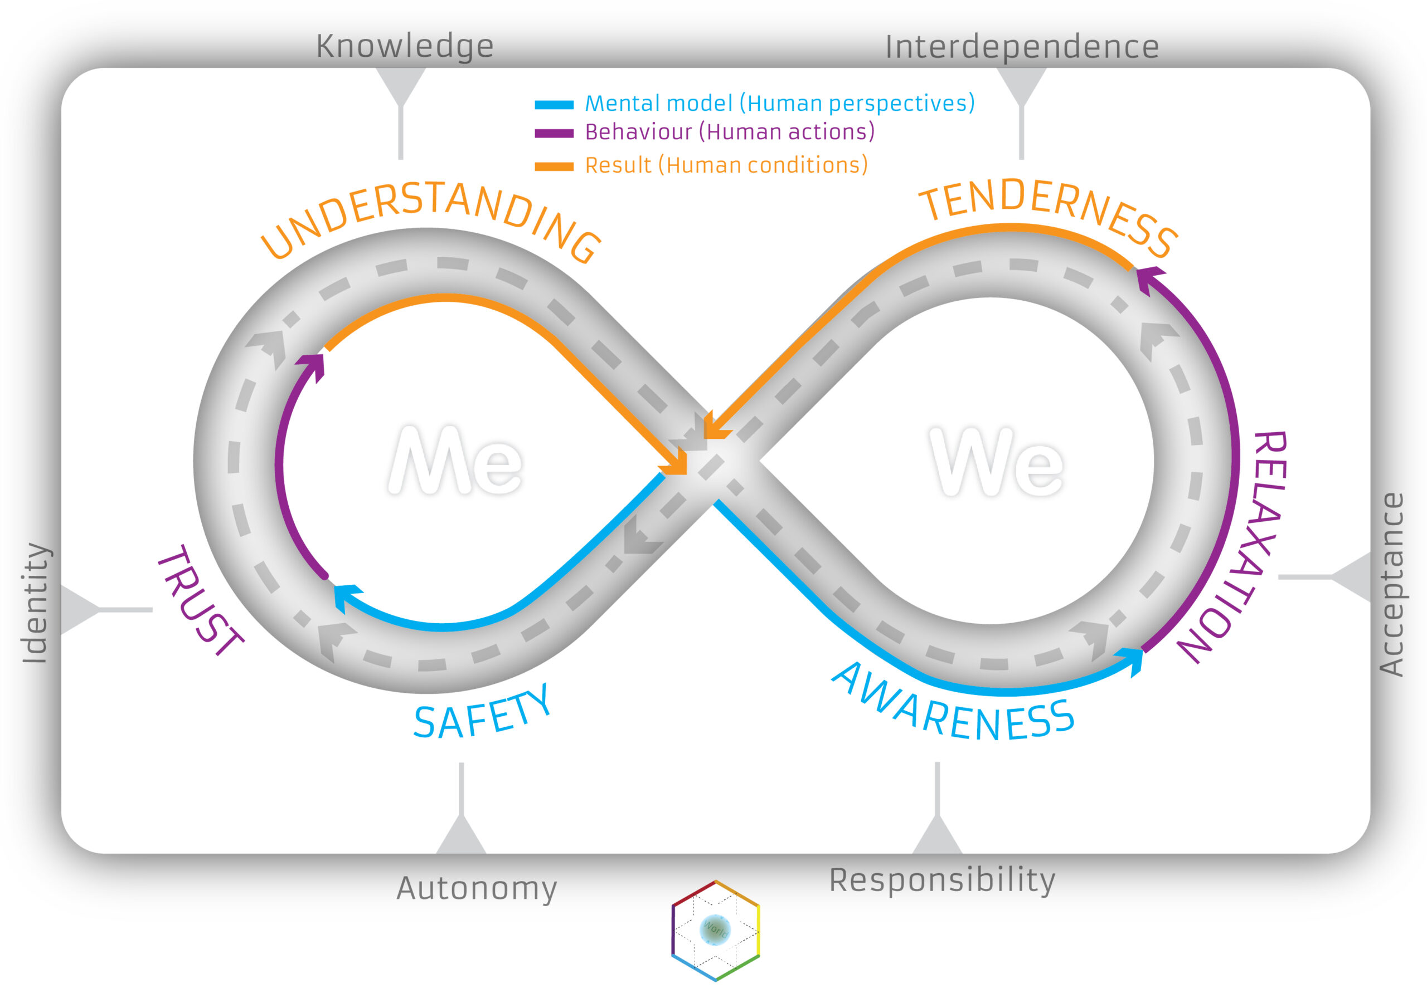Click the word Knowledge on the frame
[405, 46]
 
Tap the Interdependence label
[1022, 47]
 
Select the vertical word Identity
[36, 603]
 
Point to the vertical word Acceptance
[1391, 584]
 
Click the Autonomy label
[477, 888]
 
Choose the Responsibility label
[942, 880]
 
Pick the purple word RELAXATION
[1237, 546]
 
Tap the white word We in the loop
[996, 462]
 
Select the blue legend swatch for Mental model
[554, 105]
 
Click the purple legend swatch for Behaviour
[554, 134]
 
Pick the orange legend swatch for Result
[554, 167]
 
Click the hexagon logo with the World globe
[715, 929]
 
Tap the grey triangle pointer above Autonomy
[461, 835]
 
